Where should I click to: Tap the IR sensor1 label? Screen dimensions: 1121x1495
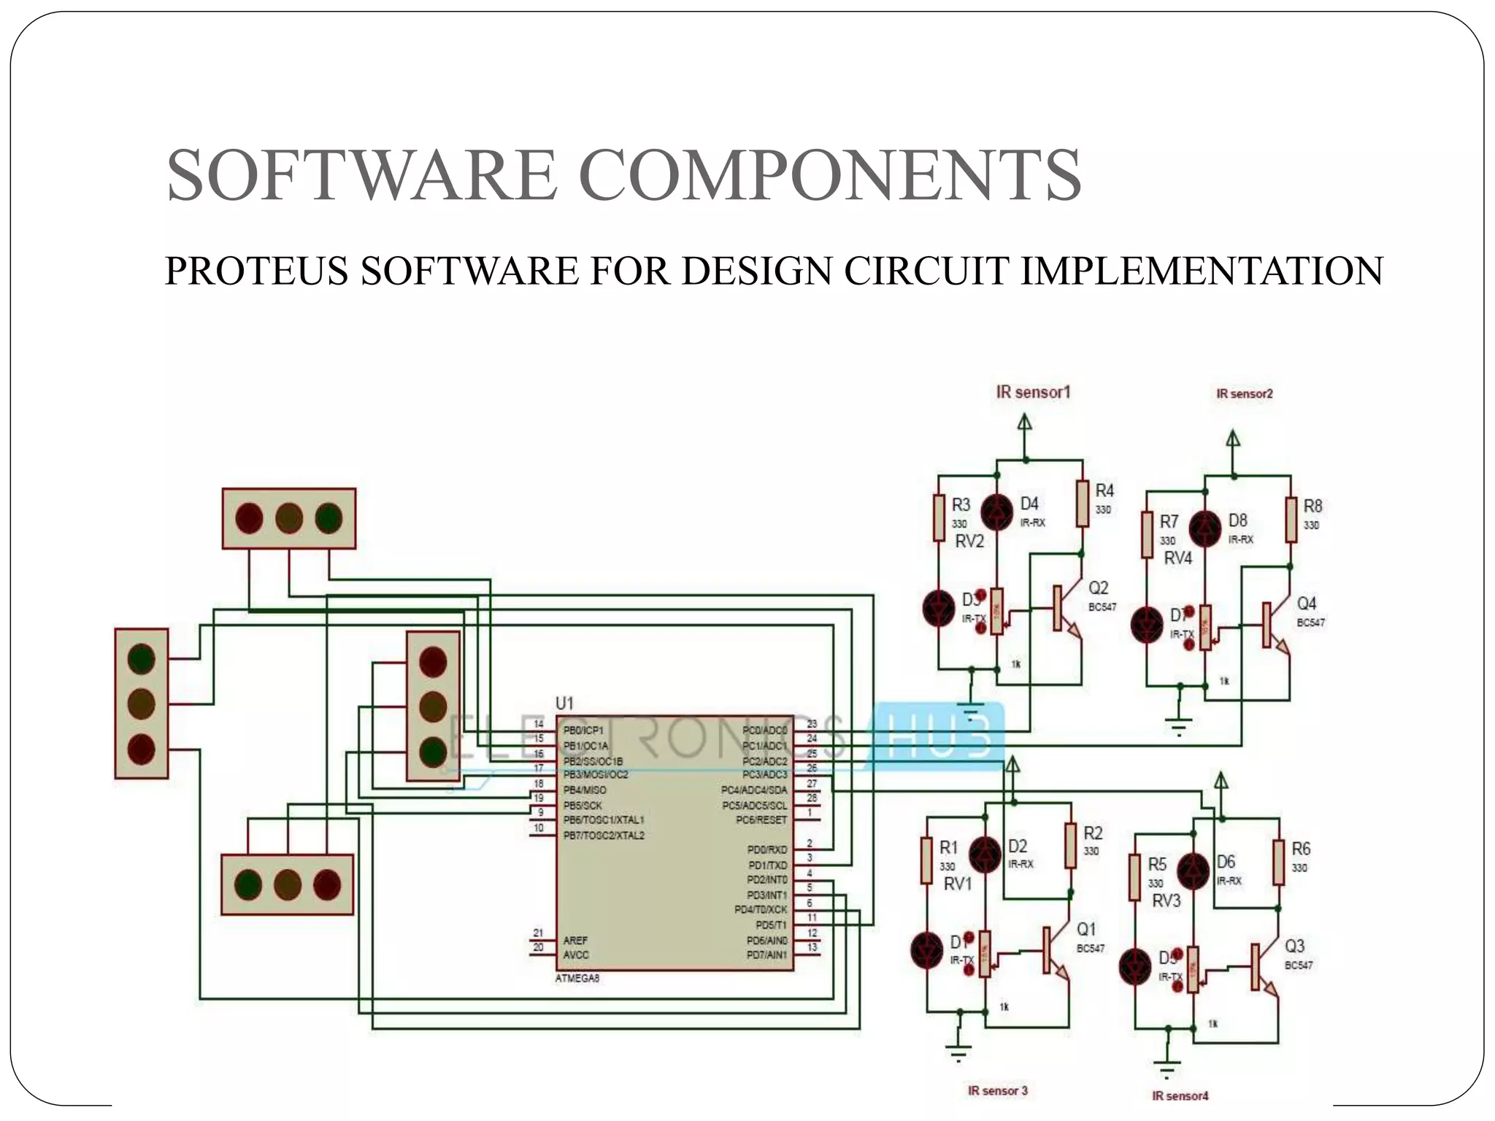[x=1033, y=393]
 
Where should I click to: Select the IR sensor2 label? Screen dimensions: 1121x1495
[x=1244, y=394]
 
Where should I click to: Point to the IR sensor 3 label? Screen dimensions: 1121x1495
[x=997, y=1090]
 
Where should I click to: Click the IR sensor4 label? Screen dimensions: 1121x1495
[x=1180, y=1095]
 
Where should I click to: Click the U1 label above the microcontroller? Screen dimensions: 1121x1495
[x=564, y=703]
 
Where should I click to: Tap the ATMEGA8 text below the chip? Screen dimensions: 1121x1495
[x=577, y=979]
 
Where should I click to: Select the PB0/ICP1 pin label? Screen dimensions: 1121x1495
[x=583, y=731]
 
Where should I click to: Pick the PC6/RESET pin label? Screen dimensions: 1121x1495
[x=761, y=820]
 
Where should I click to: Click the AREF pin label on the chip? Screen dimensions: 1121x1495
[x=575, y=941]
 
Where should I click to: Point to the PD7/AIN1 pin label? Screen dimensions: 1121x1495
[x=766, y=955]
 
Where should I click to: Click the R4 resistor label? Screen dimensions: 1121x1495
[x=1104, y=490]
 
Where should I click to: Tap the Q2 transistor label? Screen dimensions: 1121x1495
[x=1098, y=588]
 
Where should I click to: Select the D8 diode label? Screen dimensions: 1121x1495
[x=1237, y=520]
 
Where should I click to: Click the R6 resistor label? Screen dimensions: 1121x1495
[x=1301, y=849]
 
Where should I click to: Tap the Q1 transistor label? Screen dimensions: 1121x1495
[x=1086, y=929]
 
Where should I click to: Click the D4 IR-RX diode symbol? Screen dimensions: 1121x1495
[x=996, y=512]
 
